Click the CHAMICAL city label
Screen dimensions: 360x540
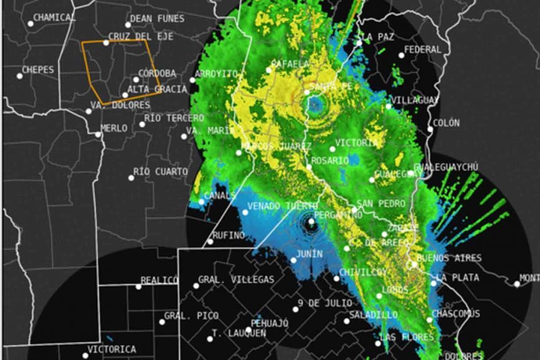[x=54, y=17]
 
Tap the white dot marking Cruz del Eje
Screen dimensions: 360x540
[x=106, y=43]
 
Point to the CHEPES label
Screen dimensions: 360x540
[x=38, y=70]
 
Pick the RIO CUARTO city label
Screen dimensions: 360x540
[x=161, y=171]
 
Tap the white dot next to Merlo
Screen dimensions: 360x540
[x=97, y=134]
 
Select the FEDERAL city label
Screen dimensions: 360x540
[x=423, y=50]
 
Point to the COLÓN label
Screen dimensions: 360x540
[x=446, y=124]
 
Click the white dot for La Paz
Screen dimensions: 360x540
[x=359, y=43]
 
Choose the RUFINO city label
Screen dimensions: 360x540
[x=228, y=235]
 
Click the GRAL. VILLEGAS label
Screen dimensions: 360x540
[x=236, y=280]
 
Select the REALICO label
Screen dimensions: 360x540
[x=160, y=281]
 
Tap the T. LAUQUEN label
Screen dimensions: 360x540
[x=239, y=333]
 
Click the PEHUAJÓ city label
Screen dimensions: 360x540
[x=270, y=323]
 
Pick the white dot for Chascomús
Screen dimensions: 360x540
[x=430, y=320]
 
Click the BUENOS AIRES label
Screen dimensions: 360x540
[x=441, y=258]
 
